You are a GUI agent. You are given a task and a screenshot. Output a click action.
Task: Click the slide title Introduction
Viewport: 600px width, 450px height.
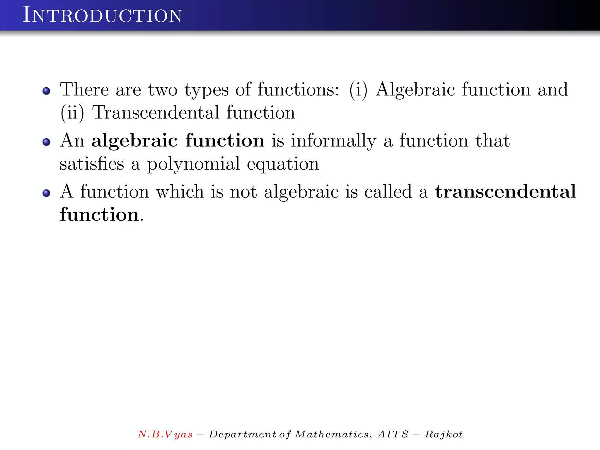tap(102, 15)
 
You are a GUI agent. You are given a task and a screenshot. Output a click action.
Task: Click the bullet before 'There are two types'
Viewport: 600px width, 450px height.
tap(46, 91)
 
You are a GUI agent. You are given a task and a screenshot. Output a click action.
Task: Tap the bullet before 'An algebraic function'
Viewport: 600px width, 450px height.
tap(46, 142)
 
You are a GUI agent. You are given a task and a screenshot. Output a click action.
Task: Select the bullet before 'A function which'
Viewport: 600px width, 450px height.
tap(46, 193)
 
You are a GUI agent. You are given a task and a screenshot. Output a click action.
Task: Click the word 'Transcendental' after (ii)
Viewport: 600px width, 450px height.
tap(156, 112)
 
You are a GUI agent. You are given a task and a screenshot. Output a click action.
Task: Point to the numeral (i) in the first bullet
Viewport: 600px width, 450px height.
tap(358, 90)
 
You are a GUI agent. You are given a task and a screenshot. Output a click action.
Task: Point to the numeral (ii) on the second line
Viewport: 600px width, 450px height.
tap(72, 112)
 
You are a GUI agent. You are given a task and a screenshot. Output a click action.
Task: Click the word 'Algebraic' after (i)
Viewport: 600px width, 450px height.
tap(415, 90)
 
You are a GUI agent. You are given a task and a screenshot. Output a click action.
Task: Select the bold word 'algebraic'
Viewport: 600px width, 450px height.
tap(134, 141)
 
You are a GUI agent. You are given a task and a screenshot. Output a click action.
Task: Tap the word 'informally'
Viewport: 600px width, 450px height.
tap(333, 141)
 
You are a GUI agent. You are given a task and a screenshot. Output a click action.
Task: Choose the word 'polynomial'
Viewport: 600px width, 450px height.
tap(193, 164)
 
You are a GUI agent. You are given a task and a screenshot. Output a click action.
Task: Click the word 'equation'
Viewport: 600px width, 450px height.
tap(283, 164)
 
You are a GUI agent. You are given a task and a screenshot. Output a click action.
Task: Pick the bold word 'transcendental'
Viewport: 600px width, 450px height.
tap(505, 192)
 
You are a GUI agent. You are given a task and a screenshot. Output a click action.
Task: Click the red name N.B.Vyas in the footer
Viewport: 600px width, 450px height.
tap(165, 434)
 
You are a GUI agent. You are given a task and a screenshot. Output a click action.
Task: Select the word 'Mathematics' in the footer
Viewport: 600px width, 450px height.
tap(332, 434)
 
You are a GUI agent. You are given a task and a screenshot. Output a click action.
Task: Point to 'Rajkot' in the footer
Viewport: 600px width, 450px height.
tap(444, 434)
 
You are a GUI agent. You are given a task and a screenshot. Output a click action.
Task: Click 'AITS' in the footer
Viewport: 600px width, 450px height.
tap(393, 434)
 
